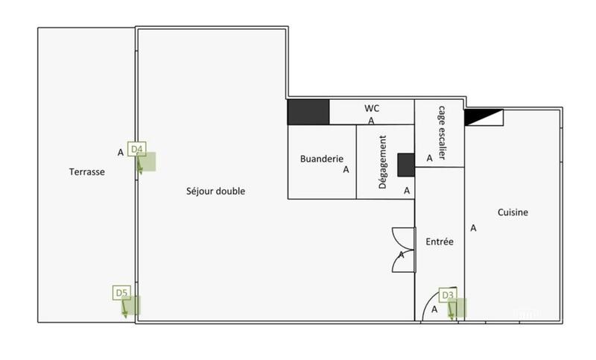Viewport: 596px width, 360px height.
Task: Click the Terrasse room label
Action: tap(86, 171)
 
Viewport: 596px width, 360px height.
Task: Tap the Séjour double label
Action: tap(215, 192)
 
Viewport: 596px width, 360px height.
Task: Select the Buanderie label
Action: tap(321, 159)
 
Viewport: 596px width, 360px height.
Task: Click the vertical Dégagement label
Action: tap(383, 162)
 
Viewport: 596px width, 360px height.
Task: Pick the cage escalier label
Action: tap(440, 132)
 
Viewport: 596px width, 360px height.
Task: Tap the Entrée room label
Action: tap(439, 242)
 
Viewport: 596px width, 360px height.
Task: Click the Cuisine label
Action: tap(513, 212)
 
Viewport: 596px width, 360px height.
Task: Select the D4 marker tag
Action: tap(137, 149)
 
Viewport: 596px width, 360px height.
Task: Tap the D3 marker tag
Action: tap(448, 295)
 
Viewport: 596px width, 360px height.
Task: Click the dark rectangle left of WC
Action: tap(308, 112)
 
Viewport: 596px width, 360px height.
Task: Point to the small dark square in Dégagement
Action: tap(406, 165)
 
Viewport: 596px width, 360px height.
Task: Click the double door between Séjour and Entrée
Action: tap(403, 250)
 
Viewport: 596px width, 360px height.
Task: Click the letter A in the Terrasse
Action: tap(121, 153)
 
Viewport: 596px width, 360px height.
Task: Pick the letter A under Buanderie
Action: tap(346, 170)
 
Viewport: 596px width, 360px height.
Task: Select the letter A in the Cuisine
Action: tap(472, 228)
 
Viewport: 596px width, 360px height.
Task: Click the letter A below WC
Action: tap(371, 120)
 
